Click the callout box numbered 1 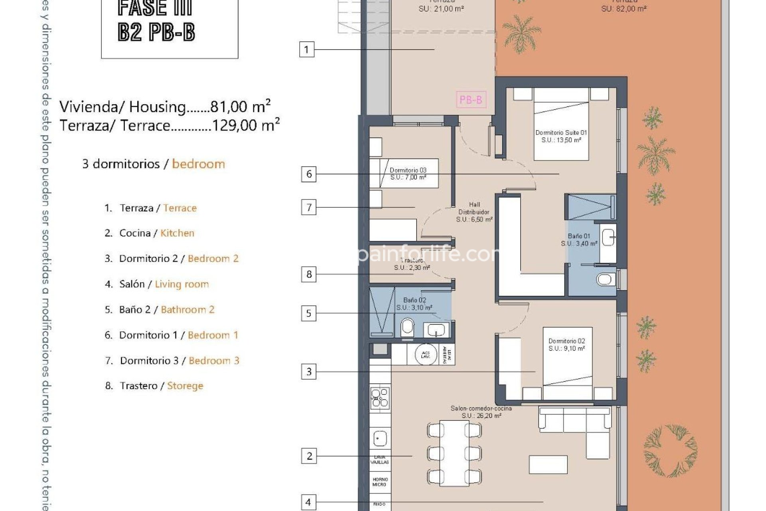306,50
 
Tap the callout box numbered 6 309,174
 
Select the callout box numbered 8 309,275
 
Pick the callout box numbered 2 309,456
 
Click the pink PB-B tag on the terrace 471,99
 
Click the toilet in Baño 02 407,327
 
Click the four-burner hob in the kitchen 380,397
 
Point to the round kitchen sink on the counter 379,439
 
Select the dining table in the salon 454,453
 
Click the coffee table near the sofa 548,464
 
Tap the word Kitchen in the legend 177,233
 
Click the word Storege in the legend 185,386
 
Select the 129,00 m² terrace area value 245,125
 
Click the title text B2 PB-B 156,32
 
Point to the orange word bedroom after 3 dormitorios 198,164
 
